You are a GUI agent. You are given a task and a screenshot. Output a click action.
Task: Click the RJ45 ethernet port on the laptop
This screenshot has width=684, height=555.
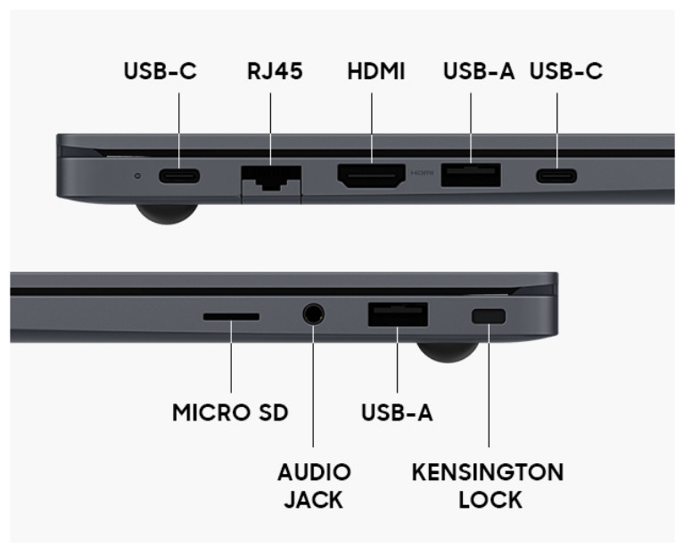(x=271, y=178)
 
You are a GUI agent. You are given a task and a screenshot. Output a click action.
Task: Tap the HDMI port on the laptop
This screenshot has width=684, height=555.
(x=371, y=175)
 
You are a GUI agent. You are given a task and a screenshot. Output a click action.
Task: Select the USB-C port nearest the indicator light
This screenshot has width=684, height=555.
(x=179, y=176)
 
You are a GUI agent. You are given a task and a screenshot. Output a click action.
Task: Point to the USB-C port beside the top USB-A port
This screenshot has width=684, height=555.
(x=556, y=176)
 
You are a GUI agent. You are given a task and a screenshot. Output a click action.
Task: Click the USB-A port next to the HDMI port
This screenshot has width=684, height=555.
(x=471, y=175)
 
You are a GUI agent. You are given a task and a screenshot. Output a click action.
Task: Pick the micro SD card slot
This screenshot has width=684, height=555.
(x=231, y=317)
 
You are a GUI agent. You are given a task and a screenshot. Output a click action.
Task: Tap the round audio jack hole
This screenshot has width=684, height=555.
(x=313, y=314)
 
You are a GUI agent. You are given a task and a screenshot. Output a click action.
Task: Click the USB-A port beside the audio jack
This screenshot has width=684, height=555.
(x=398, y=314)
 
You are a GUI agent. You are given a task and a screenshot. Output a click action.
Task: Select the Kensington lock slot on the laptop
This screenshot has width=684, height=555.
(x=489, y=316)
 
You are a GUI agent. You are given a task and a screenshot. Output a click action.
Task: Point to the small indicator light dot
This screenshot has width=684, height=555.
(x=138, y=176)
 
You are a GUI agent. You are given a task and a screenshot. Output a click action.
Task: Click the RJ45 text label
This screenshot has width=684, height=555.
(x=275, y=71)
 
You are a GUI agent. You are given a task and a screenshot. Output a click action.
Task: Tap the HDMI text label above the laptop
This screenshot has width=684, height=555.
(x=376, y=71)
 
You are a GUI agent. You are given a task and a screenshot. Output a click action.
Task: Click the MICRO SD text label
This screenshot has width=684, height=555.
(x=230, y=412)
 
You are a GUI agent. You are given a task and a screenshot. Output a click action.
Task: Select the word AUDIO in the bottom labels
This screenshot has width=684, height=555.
(x=314, y=472)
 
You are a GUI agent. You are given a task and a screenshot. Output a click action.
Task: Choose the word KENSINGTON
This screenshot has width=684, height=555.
(x=488, y=472)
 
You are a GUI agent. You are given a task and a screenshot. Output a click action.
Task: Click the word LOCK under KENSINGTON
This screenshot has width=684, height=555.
(x=490, y=500)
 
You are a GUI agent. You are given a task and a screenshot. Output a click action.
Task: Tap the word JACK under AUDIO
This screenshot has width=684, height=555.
(x=314, y=500)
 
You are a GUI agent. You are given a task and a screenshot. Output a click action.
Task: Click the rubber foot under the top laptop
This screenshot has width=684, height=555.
(x=167, y=213)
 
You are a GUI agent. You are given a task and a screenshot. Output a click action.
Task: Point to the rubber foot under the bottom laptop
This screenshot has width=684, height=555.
(x=448, y=352)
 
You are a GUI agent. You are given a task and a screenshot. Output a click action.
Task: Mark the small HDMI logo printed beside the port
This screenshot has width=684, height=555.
(x=422, y=174)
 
